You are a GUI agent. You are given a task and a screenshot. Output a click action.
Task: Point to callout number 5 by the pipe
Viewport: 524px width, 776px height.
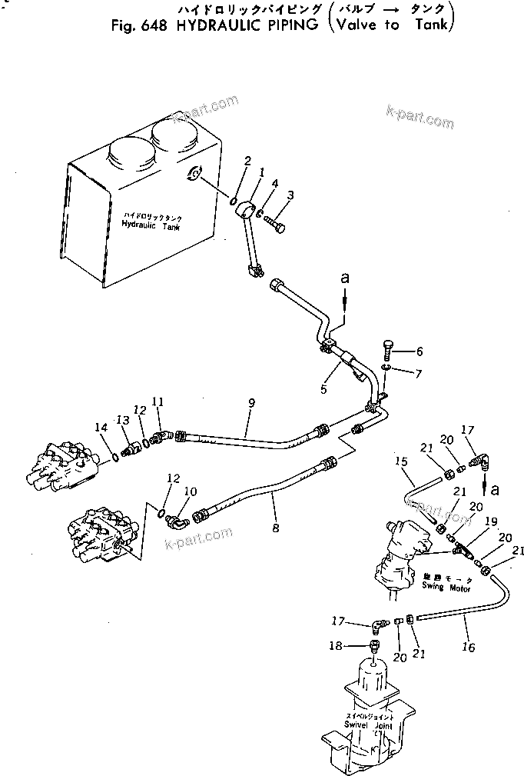(323, 390)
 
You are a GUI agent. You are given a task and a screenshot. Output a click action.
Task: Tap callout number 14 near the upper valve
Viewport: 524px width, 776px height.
(101, 428)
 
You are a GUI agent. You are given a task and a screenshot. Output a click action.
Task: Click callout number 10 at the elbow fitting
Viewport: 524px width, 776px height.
(191, 491)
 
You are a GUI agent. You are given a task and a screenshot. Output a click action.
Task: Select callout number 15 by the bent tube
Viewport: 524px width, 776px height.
(400, 461)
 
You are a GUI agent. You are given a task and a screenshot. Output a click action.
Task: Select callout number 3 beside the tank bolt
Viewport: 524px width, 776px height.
(290, 195)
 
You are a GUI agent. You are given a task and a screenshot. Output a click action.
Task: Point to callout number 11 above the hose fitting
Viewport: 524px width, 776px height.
(158, 401)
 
